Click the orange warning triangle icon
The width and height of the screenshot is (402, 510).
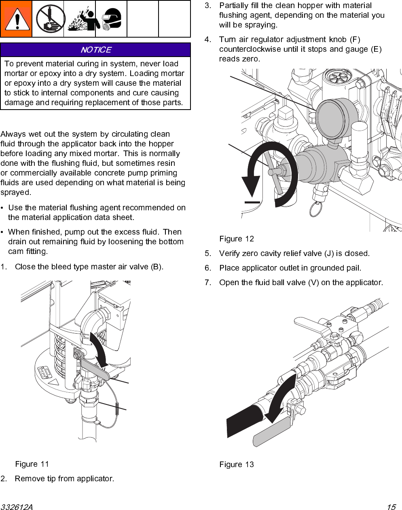click(x=16, y=19)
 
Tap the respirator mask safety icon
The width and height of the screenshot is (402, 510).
click(x=111, y=19)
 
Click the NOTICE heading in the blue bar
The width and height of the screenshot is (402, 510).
click(x=95, y=50)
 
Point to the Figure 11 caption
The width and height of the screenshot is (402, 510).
click(x=32, y=464)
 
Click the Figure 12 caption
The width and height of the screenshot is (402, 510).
click(x=237, y=239)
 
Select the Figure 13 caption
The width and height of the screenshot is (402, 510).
click(x=237, y=464)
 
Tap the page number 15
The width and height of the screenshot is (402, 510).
click(x=391, y=507)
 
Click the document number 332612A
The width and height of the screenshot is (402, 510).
click(x=17, y=507)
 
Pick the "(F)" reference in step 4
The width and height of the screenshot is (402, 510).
click(x=355, y=39)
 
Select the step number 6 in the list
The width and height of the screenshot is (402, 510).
click(x=208, y=268)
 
